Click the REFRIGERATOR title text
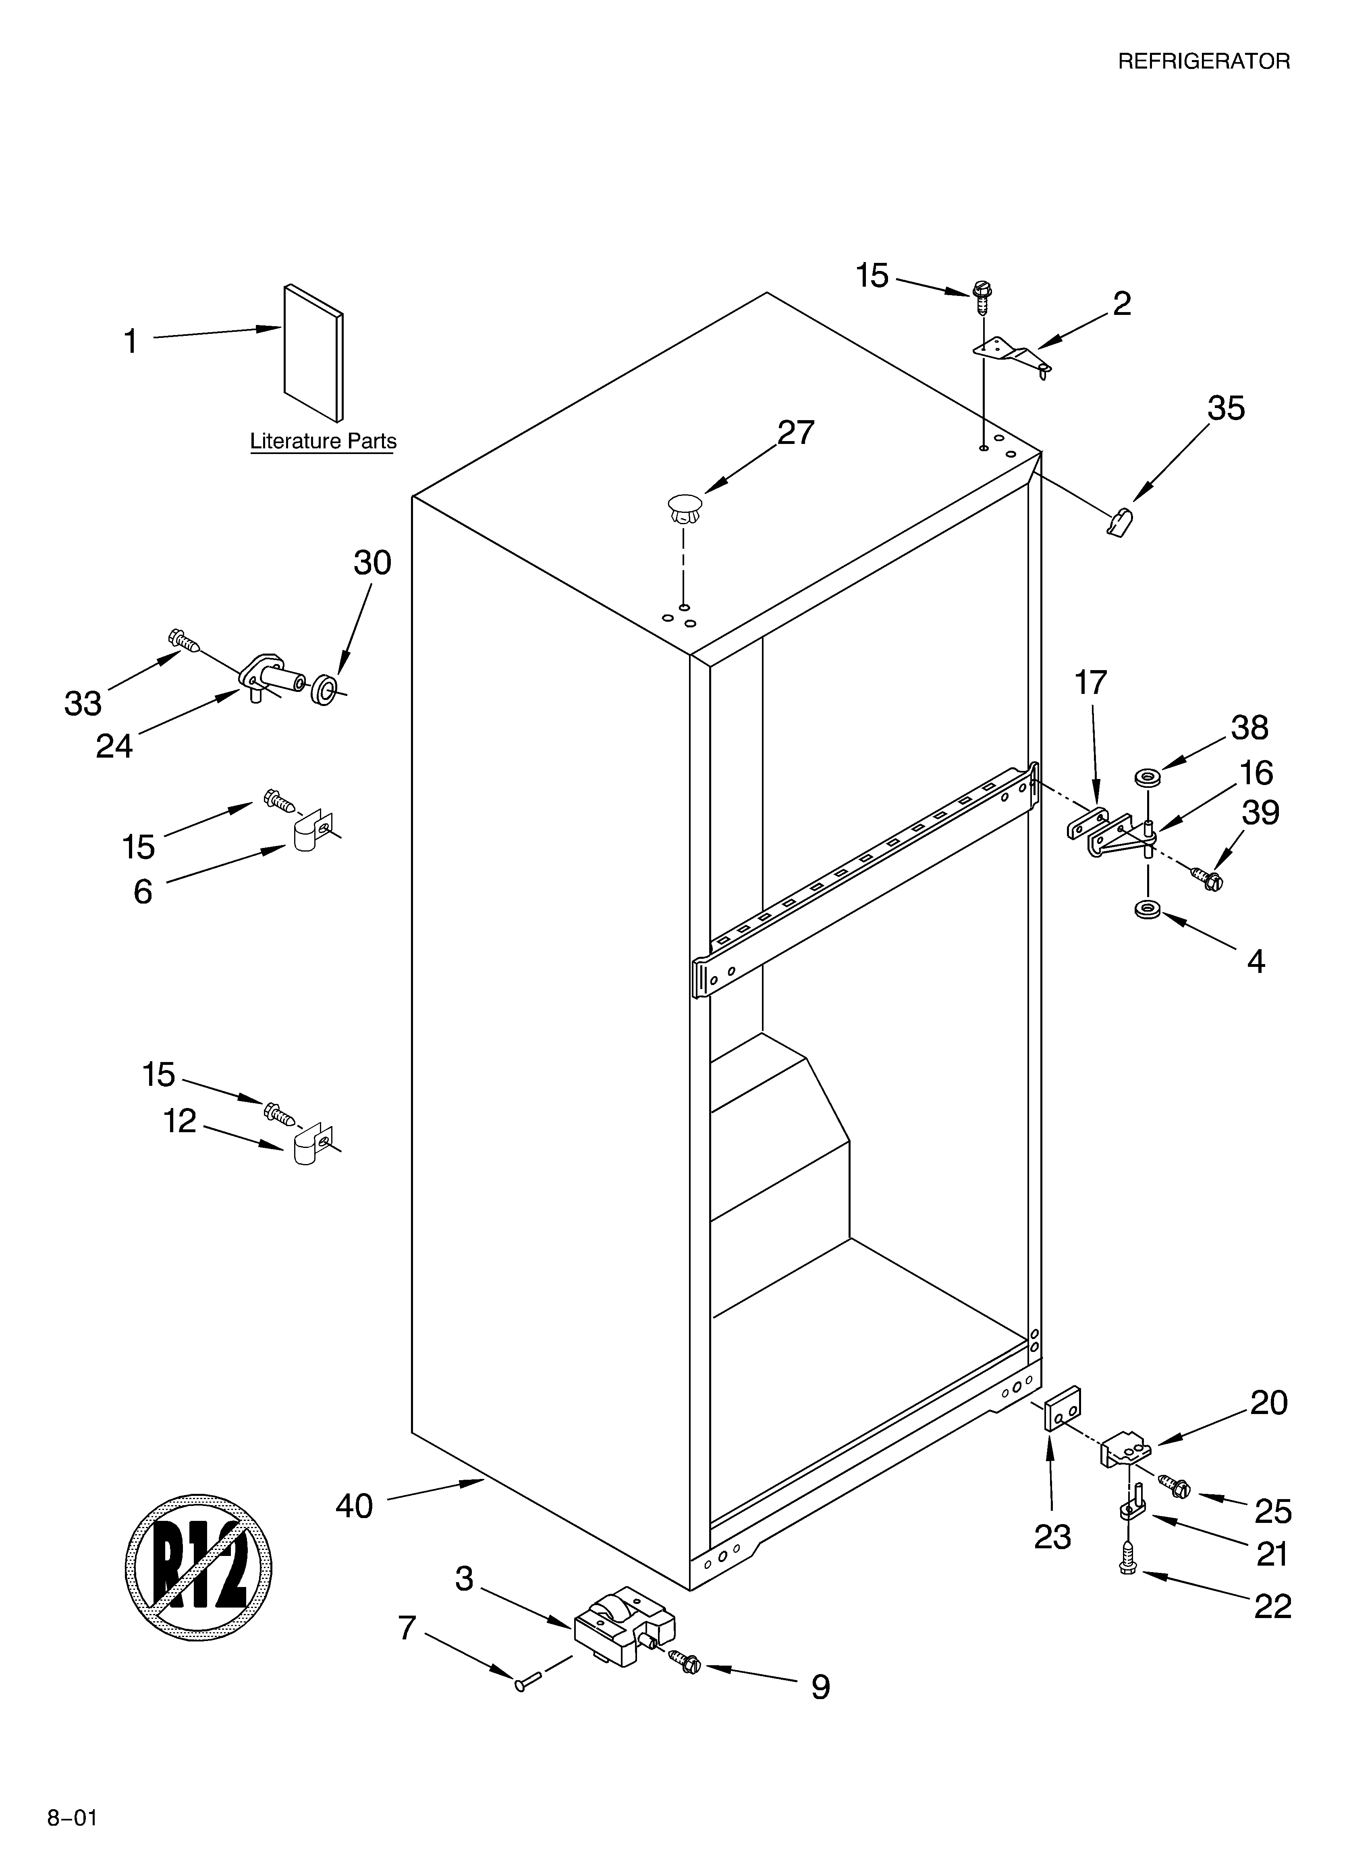[x=1204, y=62]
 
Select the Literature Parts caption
[x=323, y=442]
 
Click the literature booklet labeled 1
[x=313, y=353]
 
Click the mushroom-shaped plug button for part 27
[x=684, y=508]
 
